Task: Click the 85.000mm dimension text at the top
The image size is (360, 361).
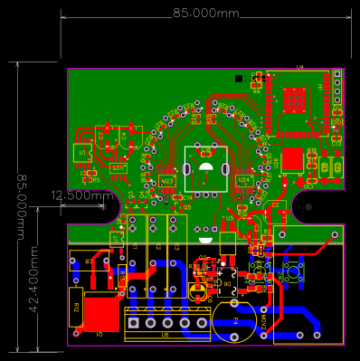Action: (x=205, y=14)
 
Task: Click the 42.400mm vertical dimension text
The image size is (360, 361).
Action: (x=33, y=272)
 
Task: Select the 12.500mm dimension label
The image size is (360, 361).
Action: (x=81, y=195)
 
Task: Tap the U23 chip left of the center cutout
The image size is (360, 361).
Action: (x=166, y=181)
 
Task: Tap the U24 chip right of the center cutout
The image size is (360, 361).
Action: (x=242, y=180)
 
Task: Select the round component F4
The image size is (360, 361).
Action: (x=233, y=321)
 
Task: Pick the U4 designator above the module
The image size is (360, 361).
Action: (x=299, y=67)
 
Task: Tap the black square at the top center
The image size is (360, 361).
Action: (x=239, y=79)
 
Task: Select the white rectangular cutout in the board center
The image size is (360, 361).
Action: (x=205, y=167)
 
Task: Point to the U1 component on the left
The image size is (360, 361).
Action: (x=83, y=153)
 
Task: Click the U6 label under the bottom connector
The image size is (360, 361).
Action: (x=166, y=335)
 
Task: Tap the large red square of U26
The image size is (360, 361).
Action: (x=291, y=160)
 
